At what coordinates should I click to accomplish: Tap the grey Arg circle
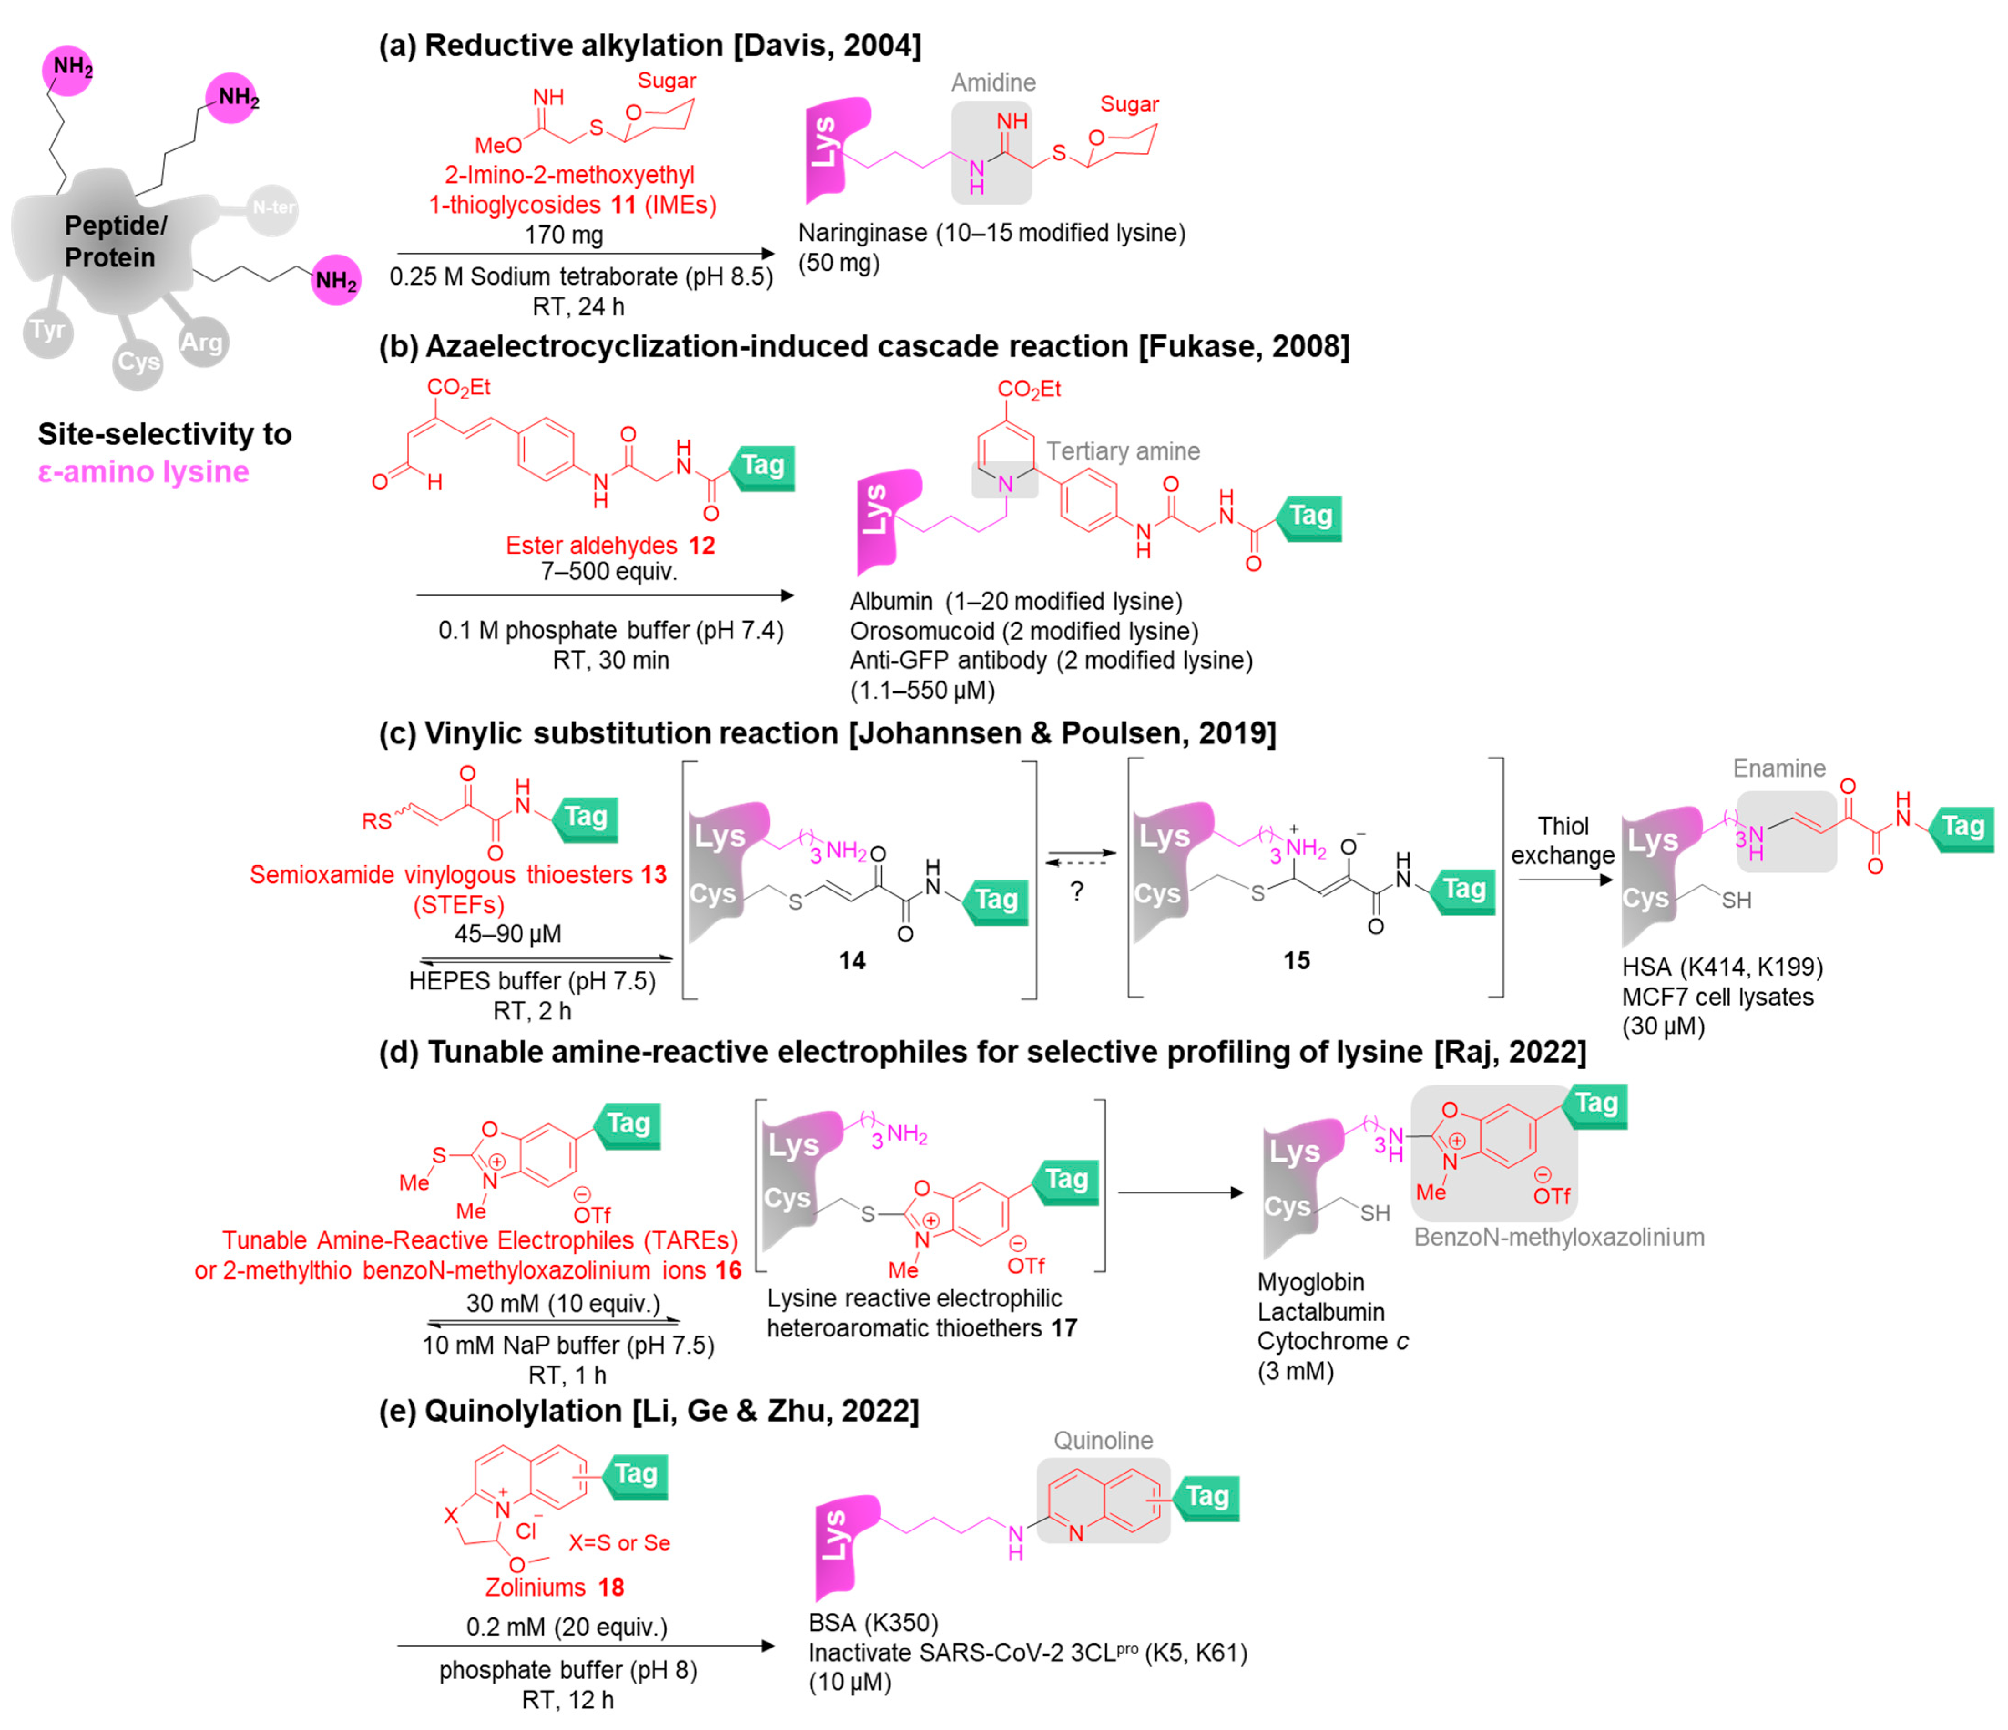coord(202,342)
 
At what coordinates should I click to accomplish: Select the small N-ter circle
coord(272,207)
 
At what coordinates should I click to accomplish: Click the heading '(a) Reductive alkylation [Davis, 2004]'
coord(649,46)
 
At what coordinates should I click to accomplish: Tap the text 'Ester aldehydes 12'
coord(609,546)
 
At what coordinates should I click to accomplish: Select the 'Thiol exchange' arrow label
coord(1562,840)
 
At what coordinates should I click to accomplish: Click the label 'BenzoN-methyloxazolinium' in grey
coord(1558,1238)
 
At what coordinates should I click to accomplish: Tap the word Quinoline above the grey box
coord(1103,1440)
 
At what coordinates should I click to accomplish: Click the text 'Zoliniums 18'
coord(554,1587)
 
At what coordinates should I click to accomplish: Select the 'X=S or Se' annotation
coord(619,1543)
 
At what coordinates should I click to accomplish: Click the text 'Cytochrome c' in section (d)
coord(1333,1341)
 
